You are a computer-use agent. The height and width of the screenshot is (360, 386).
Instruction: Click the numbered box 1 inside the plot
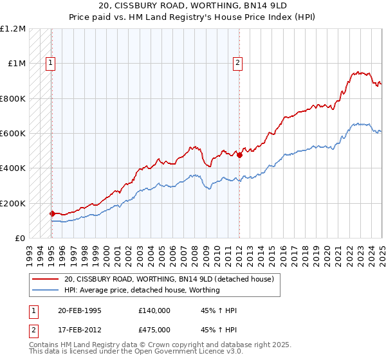[x=50, y=63]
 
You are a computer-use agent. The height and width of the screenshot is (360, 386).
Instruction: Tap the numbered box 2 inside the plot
[x=237, y=63]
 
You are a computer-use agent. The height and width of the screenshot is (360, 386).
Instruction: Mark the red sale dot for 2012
[x=239, y=155]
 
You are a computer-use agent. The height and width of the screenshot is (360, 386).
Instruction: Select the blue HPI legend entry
[x=142, y=290]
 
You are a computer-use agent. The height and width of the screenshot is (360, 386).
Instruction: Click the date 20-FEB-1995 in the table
[x=79, y=310]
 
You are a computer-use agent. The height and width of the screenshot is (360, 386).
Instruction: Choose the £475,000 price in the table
[x=154, y=329]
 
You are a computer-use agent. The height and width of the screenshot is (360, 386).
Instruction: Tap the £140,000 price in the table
[x=154, y=310]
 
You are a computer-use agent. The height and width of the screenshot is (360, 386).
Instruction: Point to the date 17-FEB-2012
[x=79, y=329]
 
